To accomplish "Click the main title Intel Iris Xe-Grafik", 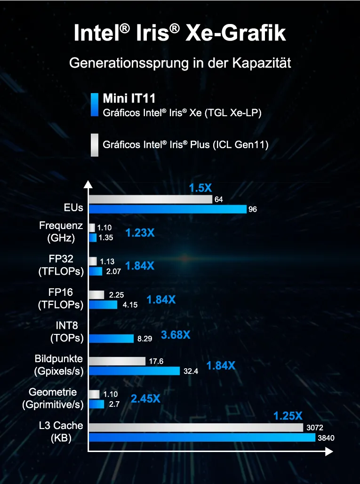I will pos(180,34).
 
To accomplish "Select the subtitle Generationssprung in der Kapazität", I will pos(180,63).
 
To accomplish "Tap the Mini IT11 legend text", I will pos(129,98).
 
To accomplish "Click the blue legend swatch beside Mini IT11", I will pos(94,105).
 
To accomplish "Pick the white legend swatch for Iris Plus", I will pos(94,144).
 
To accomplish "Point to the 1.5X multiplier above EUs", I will pos(200,188).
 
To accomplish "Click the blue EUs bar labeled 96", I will pos(168,209).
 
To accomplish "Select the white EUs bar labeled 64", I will pos(151,199).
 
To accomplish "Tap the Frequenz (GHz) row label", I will pos(61,232).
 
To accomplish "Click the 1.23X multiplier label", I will pos(140,232).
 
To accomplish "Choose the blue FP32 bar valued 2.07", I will pos(96,271).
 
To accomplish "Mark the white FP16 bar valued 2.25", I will pos(96,295).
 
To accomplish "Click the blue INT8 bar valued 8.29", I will pos(111,338).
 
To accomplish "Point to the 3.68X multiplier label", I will pos(176,335).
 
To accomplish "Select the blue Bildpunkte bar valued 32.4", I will pos(134,371).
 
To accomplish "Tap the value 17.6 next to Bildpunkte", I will pos(156,361).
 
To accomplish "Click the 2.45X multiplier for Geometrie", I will pos(145,399).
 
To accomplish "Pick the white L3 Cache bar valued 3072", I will pos(196,428).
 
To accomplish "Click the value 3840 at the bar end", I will pos(327,438).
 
